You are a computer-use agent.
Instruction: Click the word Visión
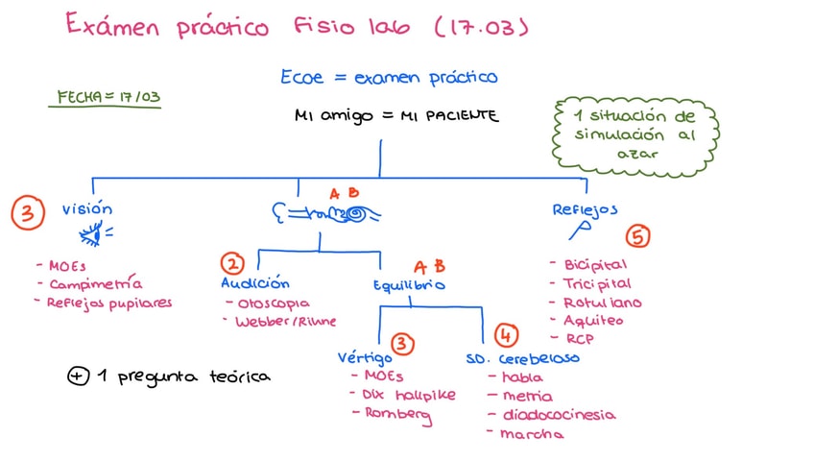(87, 208)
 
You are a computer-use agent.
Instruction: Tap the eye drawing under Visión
(97, 232)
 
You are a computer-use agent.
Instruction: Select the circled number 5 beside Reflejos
(636, 236)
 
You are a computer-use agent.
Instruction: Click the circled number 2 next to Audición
(232, 262)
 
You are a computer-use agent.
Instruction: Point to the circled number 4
(506, 335)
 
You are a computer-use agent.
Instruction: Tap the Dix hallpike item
(409, 395)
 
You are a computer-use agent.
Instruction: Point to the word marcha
(532, 434)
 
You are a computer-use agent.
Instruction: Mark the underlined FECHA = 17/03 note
(108, 98)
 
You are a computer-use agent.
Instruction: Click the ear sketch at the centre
(326, 215)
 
